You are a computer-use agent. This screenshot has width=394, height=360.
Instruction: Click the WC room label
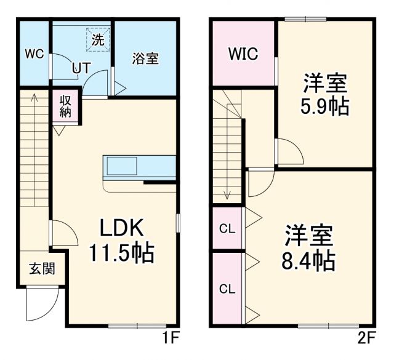point(34,54)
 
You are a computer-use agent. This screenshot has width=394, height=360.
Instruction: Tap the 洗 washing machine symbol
point(98,39)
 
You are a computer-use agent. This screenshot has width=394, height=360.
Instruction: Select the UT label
point(80,68)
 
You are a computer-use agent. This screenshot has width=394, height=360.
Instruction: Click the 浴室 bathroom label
point(146,58)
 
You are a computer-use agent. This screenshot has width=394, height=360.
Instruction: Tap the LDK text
point(123,229)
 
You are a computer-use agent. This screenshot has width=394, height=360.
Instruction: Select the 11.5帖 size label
point(122,252)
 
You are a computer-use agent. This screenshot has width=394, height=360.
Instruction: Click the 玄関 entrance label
point(41,269)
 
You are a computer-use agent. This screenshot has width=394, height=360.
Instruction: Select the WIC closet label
point(243,54)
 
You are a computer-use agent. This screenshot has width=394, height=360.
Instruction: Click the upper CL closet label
point(227,229)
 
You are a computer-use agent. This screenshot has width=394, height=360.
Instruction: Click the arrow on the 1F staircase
point(33,98)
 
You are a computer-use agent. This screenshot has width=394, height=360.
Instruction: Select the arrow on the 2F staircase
point(227,194)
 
